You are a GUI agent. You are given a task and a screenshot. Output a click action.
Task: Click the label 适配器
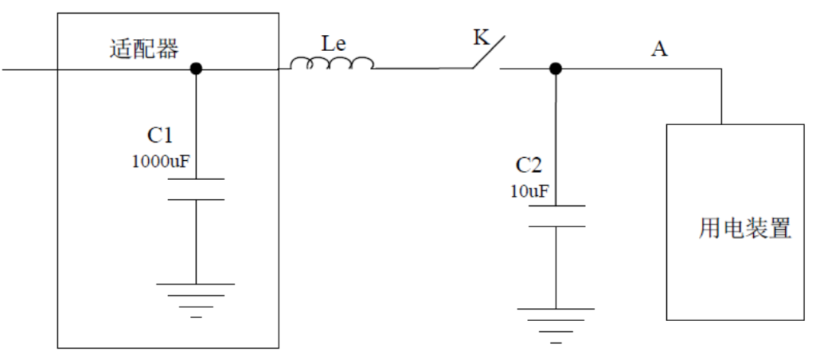[144, 51]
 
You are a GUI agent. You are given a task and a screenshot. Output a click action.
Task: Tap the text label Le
[333, 44]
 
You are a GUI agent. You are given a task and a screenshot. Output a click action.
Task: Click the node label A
[659, 50]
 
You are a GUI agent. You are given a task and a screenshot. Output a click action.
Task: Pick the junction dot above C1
[196, 69]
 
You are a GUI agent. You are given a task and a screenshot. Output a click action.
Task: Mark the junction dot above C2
[555, 69]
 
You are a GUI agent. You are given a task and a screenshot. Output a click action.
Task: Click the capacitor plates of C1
[196, 189]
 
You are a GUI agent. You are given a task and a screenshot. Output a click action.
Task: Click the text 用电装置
[745, 228]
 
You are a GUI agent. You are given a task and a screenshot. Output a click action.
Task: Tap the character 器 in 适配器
[167, 51]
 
